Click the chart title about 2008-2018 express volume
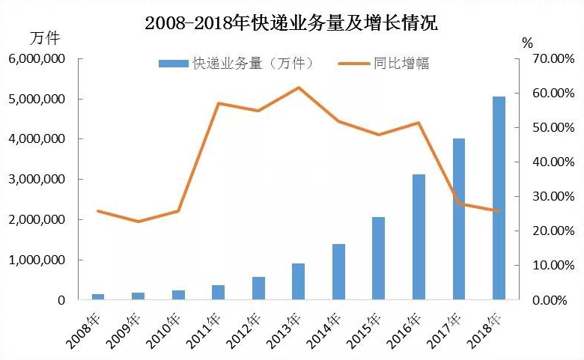(291, 22)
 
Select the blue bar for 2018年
(499, 198)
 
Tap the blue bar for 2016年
(419, 237)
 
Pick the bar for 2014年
(338, 272)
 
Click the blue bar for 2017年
(459, 219)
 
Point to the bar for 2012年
(258, 288)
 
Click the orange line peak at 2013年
(299, 88)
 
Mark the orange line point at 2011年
(218, 103)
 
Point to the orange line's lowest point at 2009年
(138, 222)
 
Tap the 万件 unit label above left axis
(44, 37)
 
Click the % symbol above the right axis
(527, 43)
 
